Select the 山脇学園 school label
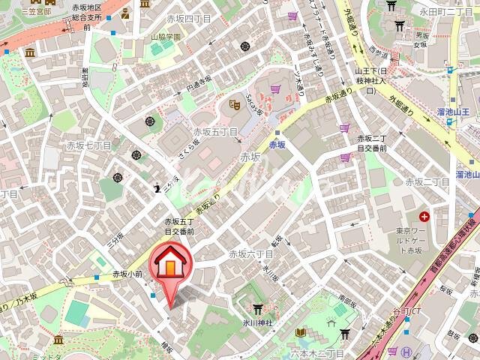(164, 36)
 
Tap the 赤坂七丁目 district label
(88, 145)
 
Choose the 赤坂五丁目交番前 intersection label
(179, 227)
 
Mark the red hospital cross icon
(425, 217)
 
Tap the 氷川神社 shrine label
(255, 322)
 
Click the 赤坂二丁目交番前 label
(371, 143)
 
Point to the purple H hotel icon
(406, 352)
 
